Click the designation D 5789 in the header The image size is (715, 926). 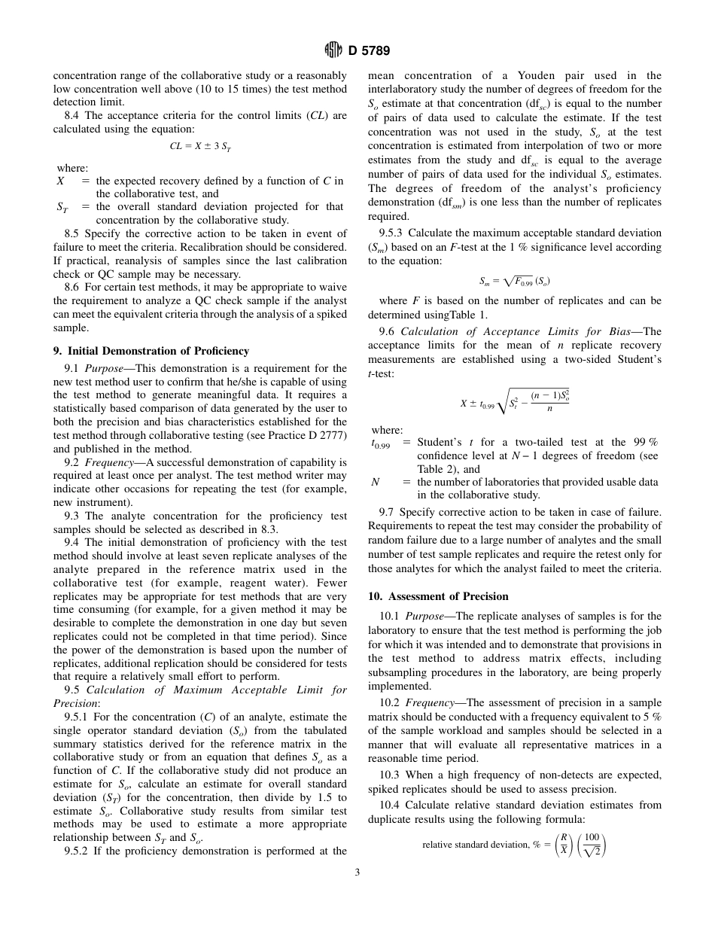[x=369, y=50]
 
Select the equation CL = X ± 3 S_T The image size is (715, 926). [x=200, y=146]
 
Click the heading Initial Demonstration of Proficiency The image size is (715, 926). [x=151, y=351]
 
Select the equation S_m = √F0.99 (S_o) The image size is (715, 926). [x=515, y=281]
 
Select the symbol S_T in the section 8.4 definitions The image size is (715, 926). [x=62, y=207]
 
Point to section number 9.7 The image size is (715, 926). [x=387, y=512]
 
